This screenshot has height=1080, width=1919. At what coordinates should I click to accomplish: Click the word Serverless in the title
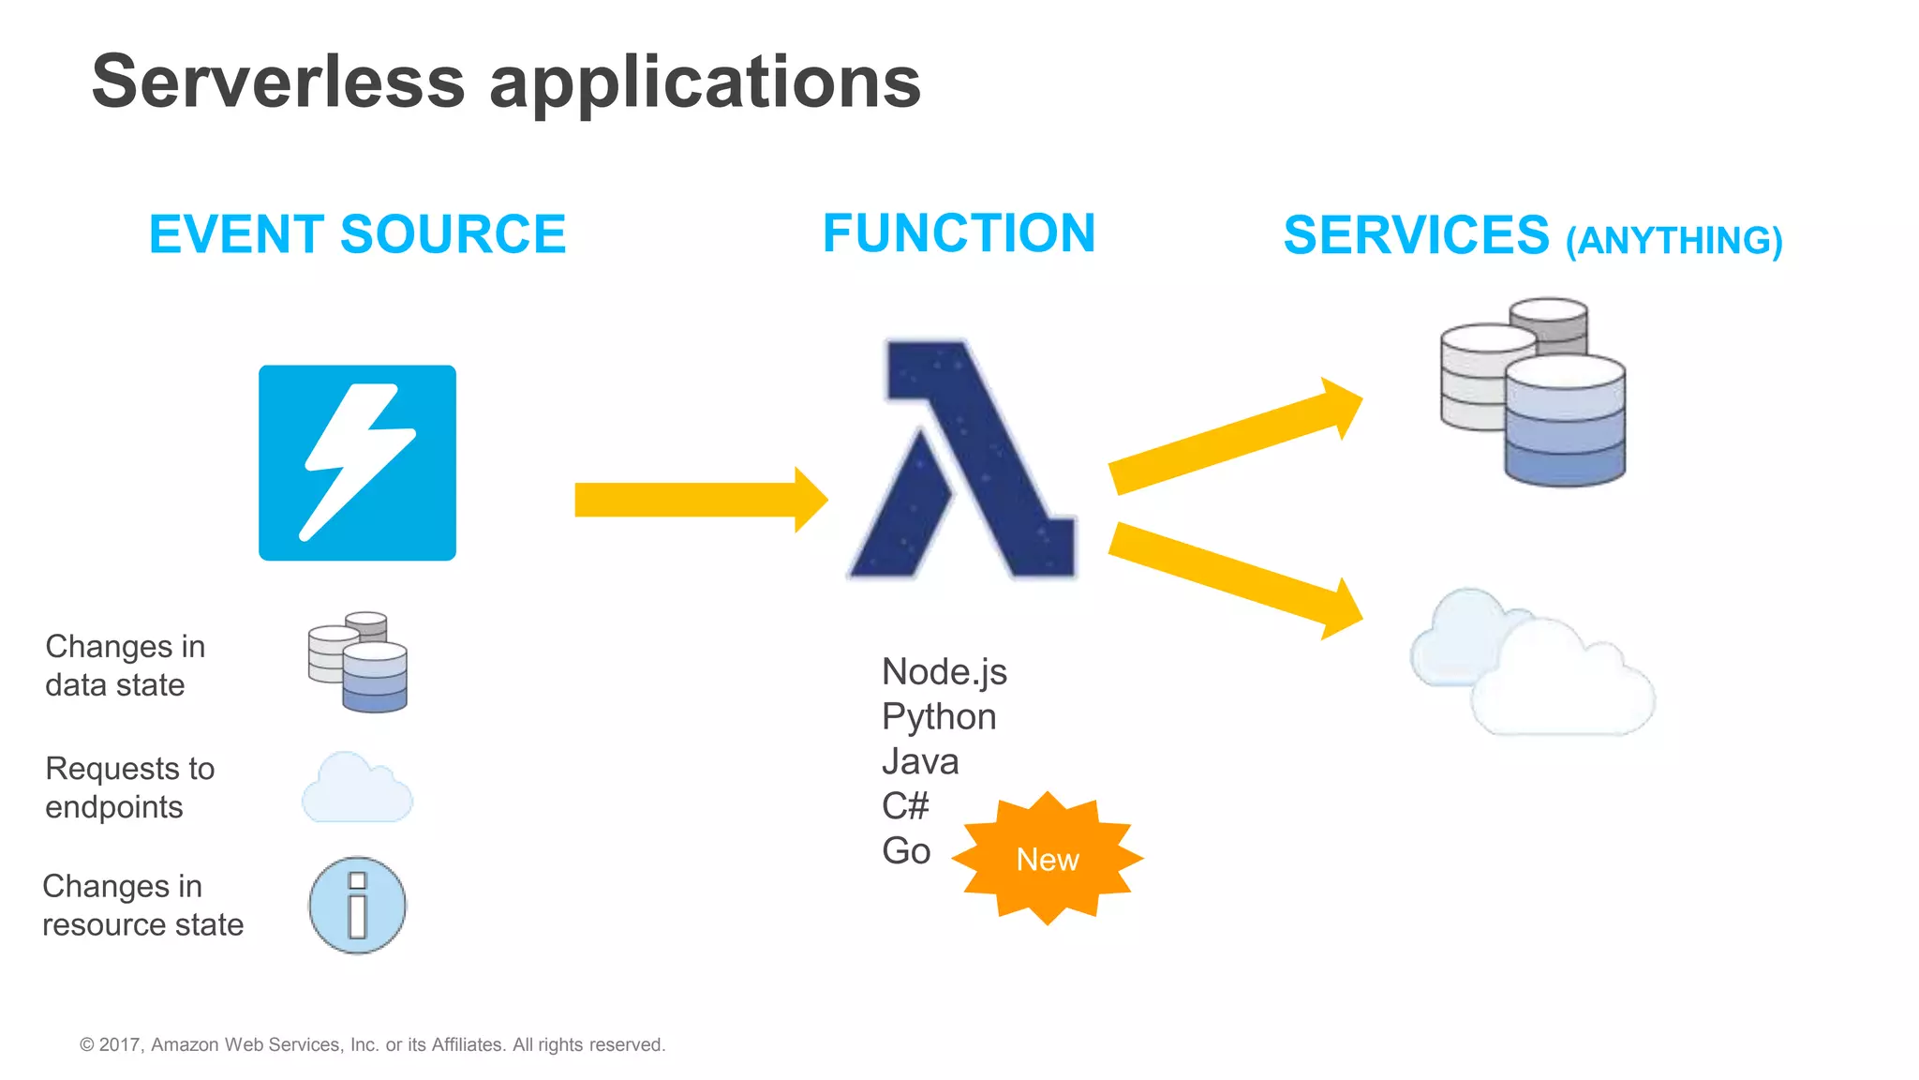coord(278,82)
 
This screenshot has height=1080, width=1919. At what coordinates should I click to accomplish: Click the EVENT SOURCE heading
coord(357,233)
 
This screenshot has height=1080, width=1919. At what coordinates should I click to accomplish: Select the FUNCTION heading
coord(959,232)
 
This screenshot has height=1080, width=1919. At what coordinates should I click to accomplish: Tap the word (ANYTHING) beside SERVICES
coord(1674,241)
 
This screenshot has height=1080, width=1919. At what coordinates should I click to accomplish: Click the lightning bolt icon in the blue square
coord(357,463)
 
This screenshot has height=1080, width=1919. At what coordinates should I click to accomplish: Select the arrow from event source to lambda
coord(698,499)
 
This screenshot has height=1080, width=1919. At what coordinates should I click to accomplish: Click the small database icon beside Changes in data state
coord(358,662)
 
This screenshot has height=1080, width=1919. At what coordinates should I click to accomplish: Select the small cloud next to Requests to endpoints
coord(356,788)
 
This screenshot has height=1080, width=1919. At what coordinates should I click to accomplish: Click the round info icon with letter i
coord(357,906)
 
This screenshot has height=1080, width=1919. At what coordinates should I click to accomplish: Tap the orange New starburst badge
coord(1047,859)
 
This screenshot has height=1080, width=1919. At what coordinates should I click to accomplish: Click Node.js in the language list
coord(944,671)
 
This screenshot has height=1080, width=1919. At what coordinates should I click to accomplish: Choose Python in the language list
coord(938,716)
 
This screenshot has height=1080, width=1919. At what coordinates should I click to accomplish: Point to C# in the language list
coord(905,805)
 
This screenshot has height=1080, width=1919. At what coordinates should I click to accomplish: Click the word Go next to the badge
coord(905,850)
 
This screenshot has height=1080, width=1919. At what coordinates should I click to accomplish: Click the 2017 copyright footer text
coord(372,1044)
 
